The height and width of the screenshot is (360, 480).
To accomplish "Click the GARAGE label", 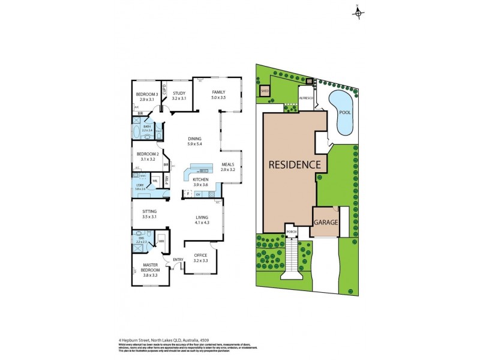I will tap(325, 222).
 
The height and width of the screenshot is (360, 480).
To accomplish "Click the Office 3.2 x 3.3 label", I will tap(200, 258).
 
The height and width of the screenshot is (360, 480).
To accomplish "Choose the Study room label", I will tap(179, 95).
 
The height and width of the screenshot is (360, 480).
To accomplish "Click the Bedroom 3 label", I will tap(147, 96).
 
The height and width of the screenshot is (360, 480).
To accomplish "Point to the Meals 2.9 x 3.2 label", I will tap(227, 167).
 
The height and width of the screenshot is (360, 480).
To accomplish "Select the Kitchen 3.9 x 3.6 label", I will tap(200, 182).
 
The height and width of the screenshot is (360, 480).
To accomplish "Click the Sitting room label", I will tap(150, 214).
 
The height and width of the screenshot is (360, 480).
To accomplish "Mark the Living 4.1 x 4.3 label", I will tap(201, 220).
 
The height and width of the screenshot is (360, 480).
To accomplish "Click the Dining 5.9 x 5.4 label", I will tap(193, 142).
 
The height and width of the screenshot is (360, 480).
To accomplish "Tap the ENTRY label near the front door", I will tap(178, 259).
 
